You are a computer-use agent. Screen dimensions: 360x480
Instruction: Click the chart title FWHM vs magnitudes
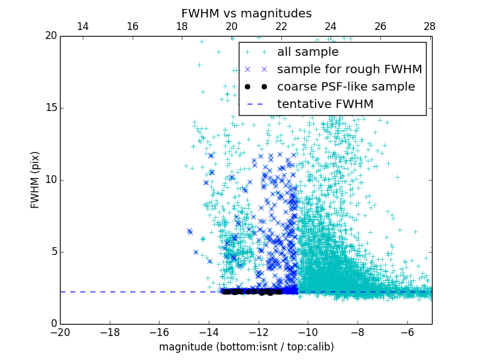[x=246, y=13]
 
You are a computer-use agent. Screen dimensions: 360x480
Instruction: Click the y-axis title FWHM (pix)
[x=35, y=179]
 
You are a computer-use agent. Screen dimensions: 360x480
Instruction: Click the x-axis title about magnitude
[x=246, y=347]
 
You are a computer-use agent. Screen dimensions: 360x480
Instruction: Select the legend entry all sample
[x=308, y=52]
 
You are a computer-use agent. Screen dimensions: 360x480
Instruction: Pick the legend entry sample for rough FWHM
[x=349, y=70]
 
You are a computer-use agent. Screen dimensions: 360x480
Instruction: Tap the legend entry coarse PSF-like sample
[x=346, y=87]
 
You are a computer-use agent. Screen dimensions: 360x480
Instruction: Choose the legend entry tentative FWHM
[x=325, y=104]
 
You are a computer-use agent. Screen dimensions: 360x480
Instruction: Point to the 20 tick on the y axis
[x=50, y=36]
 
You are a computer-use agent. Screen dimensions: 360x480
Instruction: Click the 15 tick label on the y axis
[x=50, y=108]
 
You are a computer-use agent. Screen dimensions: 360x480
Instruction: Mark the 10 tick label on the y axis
[x=50, y=180]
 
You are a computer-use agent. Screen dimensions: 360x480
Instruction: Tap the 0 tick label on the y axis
[x=53, y=324]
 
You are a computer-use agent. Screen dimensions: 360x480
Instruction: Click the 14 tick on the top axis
[x=83, y=26]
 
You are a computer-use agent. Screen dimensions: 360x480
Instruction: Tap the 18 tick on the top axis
[x=182, y=26]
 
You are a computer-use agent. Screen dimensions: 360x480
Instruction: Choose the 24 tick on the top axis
[x=331, y=26]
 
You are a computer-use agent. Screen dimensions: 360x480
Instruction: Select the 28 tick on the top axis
[x=430, y=26]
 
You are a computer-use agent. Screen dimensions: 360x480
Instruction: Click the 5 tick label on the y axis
[x=53, y=252]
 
